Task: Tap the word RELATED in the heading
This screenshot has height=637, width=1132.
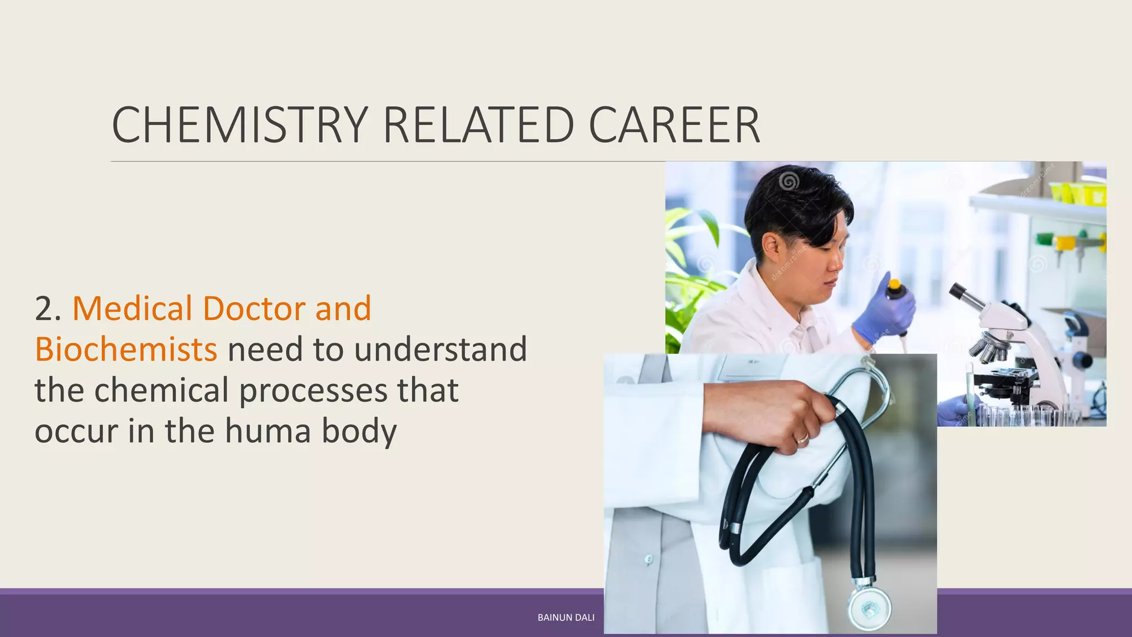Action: [478, 125]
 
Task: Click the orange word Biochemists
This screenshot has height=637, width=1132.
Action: [126, 349]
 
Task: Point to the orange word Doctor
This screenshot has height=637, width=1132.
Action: [254, 309]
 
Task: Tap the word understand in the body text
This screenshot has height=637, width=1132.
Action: [440, 349]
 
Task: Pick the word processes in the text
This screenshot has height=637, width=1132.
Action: [313, 390]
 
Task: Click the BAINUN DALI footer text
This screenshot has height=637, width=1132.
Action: [566, 618]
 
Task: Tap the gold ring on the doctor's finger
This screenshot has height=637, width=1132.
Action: [802, 438]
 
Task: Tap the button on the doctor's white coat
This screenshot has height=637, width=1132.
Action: [648, 560]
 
